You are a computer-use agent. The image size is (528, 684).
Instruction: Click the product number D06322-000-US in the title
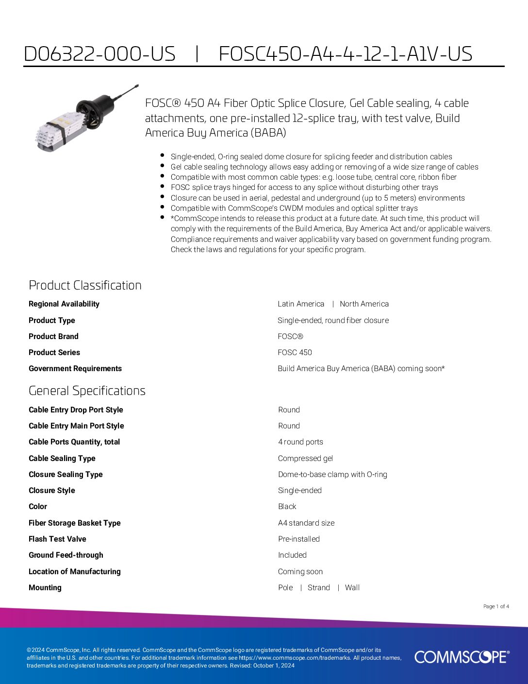pyautogui.click(x=99, y=54)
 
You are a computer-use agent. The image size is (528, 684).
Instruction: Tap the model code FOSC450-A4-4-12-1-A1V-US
pyautogui.click(x=345, y=54)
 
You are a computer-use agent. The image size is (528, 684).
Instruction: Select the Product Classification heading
pyautogui.click(x=85, y=285)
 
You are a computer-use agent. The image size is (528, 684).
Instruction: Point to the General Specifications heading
pyautogui.click(x=87, y=391)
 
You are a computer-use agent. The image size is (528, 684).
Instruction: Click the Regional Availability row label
pyautogui.click(x=64, y=304)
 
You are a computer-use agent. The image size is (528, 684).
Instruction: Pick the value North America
pyautogui.click(x=364, y=304)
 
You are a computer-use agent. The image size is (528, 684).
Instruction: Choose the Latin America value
pyautogui.click(x=301, y=304)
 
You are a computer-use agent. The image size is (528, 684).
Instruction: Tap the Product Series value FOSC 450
pyautogui.click(x=295, y=353)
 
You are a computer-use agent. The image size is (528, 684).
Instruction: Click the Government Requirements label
pyautogui.click(x=75, y=369)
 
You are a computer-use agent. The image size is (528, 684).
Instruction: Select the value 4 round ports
pyautogui.click(x=300, y=442)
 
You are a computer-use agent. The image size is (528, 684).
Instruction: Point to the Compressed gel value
pyautogui.click(x=305, y=459)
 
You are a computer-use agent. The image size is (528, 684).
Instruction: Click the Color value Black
pyautogui.click(x=287, y=507)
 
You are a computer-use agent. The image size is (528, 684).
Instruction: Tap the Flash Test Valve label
pyautogui.click(x=57, y=539)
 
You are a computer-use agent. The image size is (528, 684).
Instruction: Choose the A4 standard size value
pyautogui.click(x=306, y=523)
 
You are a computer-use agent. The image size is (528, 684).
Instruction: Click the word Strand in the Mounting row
pyautogui.click(x=318, y=588)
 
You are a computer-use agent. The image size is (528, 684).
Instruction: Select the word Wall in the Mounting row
pyautogui.click(x=352, y=588)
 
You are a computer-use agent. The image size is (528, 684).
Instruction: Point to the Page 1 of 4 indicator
pyautogui.click(x=496, y=606)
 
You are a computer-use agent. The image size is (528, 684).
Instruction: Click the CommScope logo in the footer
pyautogui.click(x=462, y=657)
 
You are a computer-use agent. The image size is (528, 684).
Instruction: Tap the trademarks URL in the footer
pyautogui.click(x=295, y=658)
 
